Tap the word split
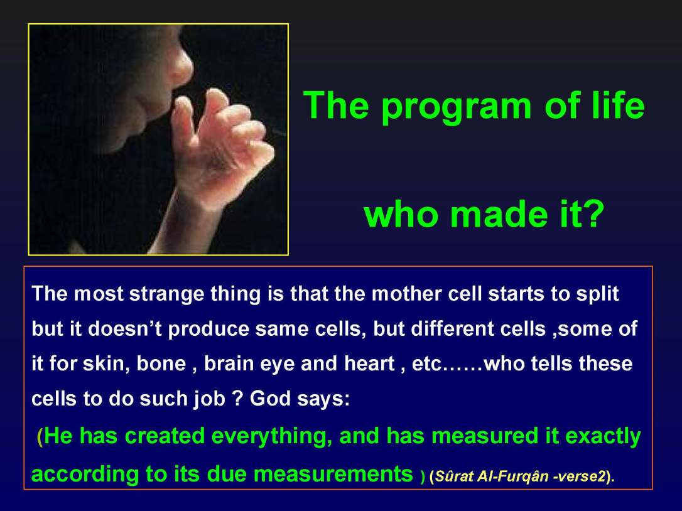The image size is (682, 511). (597, 294)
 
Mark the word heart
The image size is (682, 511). (368, 365)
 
